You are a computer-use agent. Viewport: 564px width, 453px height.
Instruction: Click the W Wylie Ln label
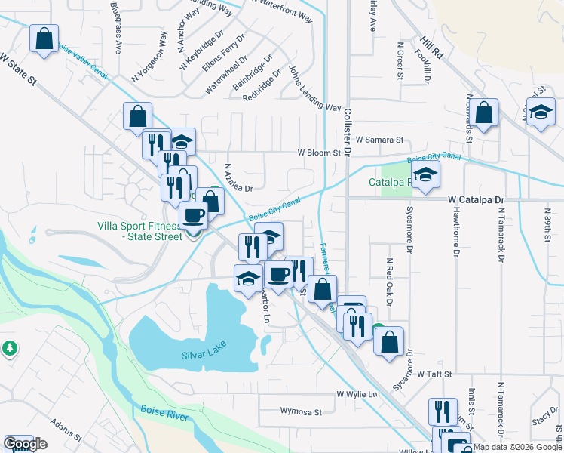[x=357, y=394]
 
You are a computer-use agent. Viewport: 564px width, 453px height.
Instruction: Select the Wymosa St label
[x=300, y=412]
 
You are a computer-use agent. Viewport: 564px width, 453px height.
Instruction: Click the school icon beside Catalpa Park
[x=425, y=175]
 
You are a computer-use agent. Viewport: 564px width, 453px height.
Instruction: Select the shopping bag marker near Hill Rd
[x=486, y=113]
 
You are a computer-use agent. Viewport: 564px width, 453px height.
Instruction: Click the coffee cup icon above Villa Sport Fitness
[x=193, y=215]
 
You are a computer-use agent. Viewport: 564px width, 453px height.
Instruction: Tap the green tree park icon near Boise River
[x=10, y=348]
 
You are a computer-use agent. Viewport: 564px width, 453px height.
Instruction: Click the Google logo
[x=25, y=445]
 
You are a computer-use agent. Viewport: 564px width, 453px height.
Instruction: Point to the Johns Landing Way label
[x=314, y=88]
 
